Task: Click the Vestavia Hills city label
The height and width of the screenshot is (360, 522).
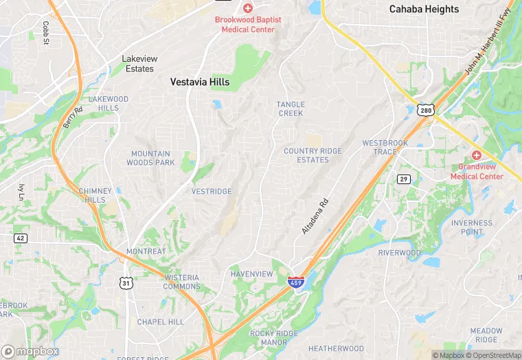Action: coord(200,82)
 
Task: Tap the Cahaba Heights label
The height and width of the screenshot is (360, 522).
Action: coord(424,9)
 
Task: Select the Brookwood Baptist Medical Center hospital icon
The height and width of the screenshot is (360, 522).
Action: coord(248,8)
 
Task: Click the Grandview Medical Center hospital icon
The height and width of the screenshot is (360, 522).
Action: coord(476,155)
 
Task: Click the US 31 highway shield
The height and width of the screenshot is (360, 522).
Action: coord(125,282)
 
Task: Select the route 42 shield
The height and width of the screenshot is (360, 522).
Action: coord(20,237)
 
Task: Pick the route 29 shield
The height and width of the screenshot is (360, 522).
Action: coord(403,179)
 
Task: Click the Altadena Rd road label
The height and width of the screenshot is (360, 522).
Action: coord(315,216)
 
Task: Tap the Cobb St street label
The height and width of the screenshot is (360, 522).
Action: coord(46,33)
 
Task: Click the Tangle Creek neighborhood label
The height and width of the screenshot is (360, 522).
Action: coord(291,109)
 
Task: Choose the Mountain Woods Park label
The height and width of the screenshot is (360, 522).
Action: coord(150,158)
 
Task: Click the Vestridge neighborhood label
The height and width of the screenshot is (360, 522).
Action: coord(212,191)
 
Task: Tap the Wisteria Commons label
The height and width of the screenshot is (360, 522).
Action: coord(181,282)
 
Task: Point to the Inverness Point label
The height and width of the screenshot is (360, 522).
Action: coord(472,227)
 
